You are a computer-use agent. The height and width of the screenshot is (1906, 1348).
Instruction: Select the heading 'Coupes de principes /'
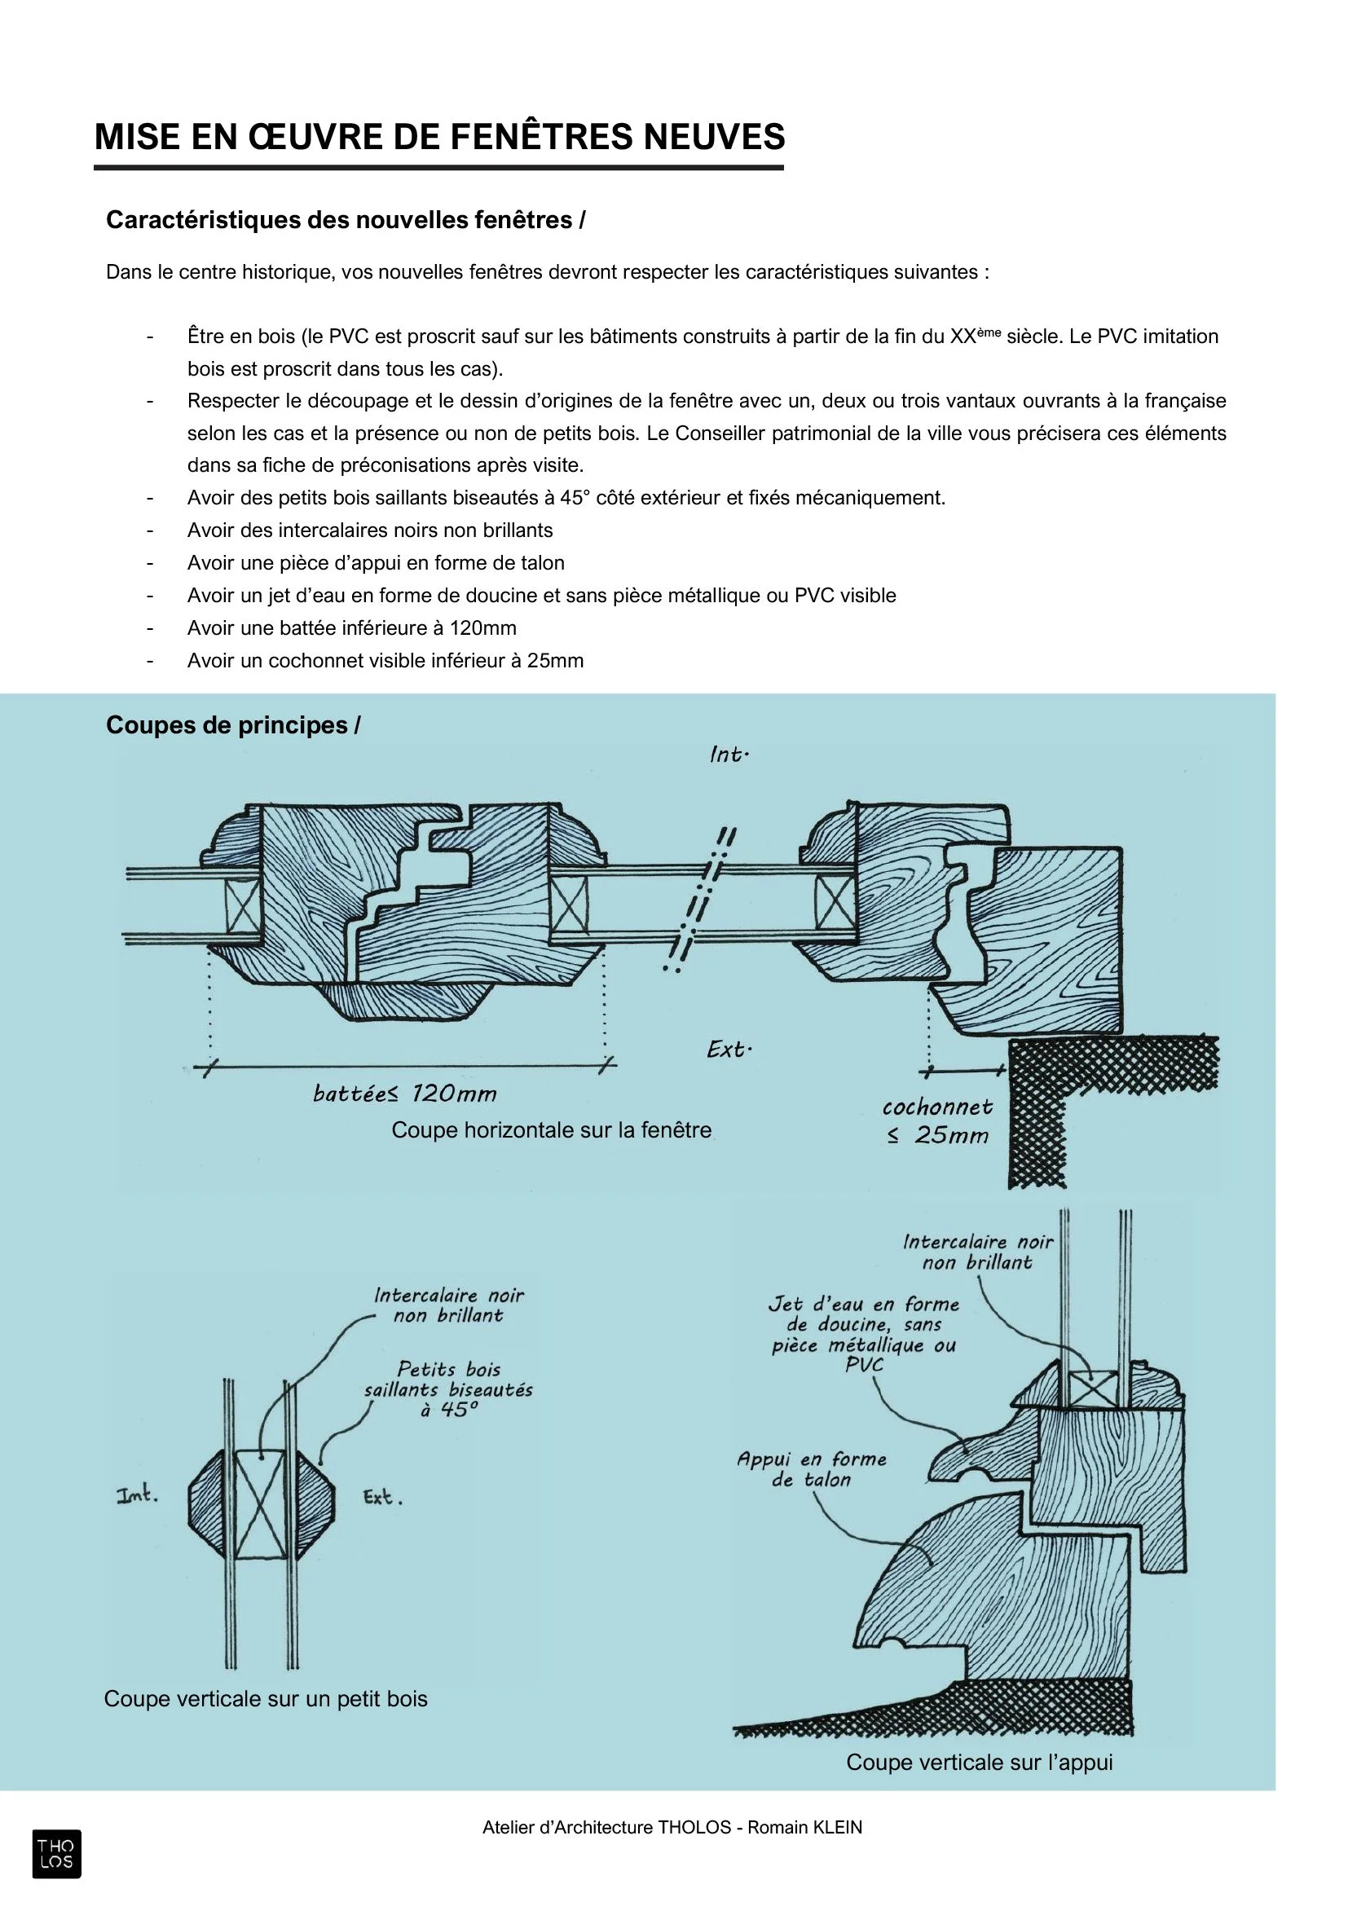point(233,725)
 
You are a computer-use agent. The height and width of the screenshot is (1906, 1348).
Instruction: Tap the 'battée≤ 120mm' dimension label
point(405,1094)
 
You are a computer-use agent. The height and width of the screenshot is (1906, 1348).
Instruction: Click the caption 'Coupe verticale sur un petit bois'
point(266,1698)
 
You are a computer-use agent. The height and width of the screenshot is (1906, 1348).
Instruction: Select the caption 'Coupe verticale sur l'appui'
point(980,1763)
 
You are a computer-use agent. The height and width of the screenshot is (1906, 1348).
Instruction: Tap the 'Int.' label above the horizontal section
point(729,755)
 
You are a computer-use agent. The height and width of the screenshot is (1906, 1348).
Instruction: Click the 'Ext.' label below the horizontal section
point(729,1050)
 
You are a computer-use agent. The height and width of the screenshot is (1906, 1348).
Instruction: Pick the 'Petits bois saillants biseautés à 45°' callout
point(448,1389)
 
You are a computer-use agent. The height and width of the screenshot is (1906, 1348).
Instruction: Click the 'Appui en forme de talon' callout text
point(812,1469)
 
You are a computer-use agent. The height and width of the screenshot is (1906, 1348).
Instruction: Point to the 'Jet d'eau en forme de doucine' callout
point(863,1334)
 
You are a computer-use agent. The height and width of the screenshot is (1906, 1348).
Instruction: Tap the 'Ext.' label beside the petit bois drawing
point(383,1498)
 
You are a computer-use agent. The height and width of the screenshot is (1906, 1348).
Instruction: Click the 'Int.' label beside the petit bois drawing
point(138,1496)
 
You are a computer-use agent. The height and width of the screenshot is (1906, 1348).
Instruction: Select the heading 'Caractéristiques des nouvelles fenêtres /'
point(346,220)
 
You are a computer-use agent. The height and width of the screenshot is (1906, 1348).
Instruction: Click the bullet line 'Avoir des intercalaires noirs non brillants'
point(370,530)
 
